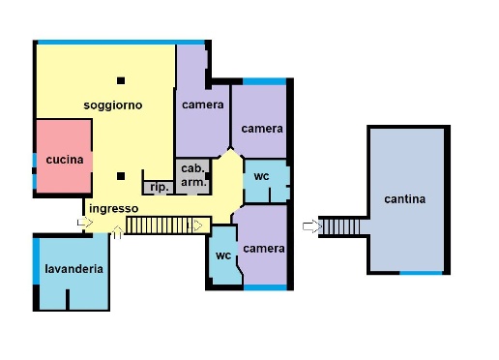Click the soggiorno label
tap(113, 105)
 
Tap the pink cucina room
tap(64, 156)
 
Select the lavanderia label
tap(73, 269)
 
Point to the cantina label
tap(404, 199)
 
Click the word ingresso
tap(114, 209)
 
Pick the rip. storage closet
tap(159, 188)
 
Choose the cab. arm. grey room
tap(193, 176)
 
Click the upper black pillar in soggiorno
tap(121, 80)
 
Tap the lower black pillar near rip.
tap(121, 176)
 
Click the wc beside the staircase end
tap(223, 255)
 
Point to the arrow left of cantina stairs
tap(312, 226)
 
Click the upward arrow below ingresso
tap(118, 232)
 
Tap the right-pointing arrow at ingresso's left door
tap(85, 222)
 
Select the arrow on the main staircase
tap(195, 225)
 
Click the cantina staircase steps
tap(340, 227)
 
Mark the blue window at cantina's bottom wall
tap(421, 273)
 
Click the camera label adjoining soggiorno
tap(203, 105)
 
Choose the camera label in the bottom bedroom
tap(264, 249)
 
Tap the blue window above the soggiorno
tap(121, 43)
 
